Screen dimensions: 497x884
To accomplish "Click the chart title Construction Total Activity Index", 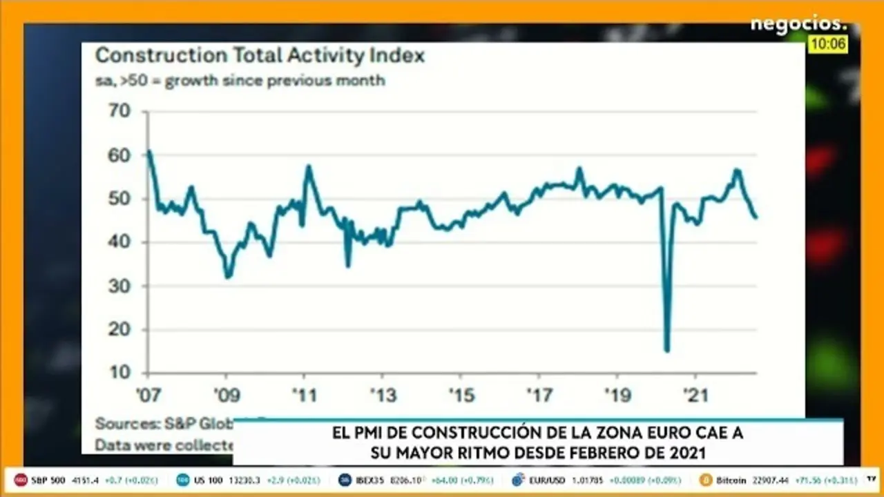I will click(x=260, y=55).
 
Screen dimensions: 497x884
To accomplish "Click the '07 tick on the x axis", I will click(x=148, y=396).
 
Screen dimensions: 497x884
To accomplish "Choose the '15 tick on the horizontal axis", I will click(x=461, y=396).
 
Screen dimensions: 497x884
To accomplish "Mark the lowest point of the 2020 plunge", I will click(x=666, y=351).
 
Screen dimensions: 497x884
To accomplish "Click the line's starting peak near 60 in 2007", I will click(x=149, y=151).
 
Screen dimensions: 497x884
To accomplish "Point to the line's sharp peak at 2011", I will click(x=308, y=166).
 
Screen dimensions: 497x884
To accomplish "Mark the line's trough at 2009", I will click(x=227, y=277).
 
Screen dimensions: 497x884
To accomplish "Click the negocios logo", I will click(x=798, y=24).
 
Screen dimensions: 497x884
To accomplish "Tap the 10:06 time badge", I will click(x=828, y=44).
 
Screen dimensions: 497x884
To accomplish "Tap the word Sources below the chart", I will click(x=121, y=423).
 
